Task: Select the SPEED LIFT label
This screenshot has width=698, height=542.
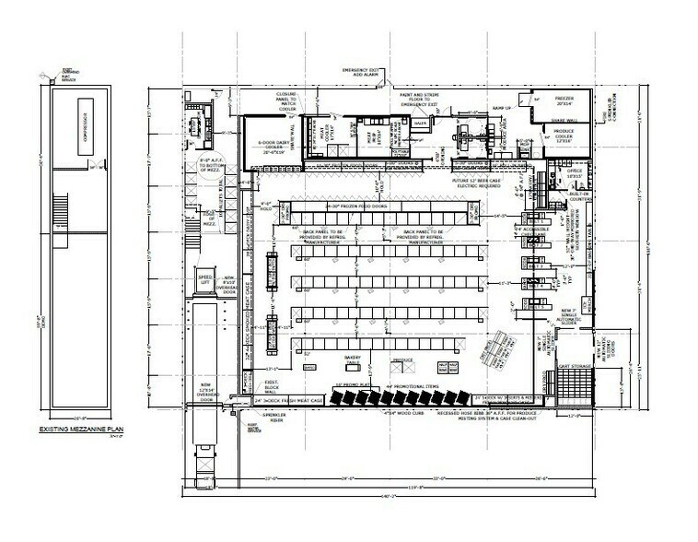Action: point(204,278)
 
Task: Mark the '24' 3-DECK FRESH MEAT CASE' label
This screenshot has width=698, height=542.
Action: point(288,402)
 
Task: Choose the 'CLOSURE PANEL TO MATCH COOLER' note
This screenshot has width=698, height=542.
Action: point(286,101)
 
